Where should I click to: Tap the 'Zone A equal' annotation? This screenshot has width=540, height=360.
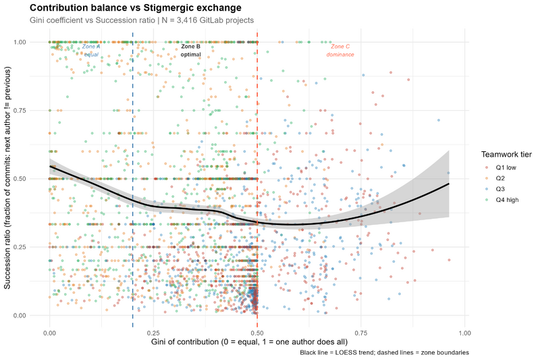coord(91,50)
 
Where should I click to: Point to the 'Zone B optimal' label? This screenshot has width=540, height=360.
coord(191,50)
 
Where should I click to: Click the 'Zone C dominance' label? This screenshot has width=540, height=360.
coord(340,50)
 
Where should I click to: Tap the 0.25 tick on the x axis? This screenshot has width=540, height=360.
coord(153,334)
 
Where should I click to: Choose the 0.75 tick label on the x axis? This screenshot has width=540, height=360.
coord(360,334)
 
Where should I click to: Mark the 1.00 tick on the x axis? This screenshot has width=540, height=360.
coord(464,334)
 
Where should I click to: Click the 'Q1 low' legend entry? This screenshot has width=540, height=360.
coord(506,167)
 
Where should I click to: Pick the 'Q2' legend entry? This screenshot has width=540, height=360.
coord(500,178)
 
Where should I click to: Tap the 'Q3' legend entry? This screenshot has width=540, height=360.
coord(500,190)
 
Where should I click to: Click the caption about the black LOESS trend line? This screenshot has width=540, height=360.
coord(384,353)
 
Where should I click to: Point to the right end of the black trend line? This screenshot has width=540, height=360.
coord(448,184)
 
